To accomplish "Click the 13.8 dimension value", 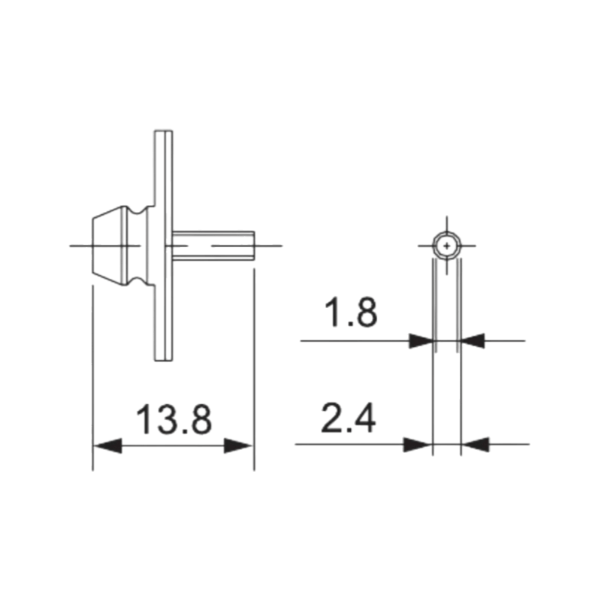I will pos(174,420).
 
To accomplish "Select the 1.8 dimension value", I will pos(350,314).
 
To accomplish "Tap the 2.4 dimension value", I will pos(349,419).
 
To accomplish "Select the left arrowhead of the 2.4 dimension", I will pos(418,445).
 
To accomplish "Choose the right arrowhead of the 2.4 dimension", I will pos(476,445).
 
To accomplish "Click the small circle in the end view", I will pos(448,245).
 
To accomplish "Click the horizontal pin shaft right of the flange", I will pos(214,246).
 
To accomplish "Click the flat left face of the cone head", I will pos(92,245).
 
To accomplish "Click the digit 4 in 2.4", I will pos(363,419).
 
